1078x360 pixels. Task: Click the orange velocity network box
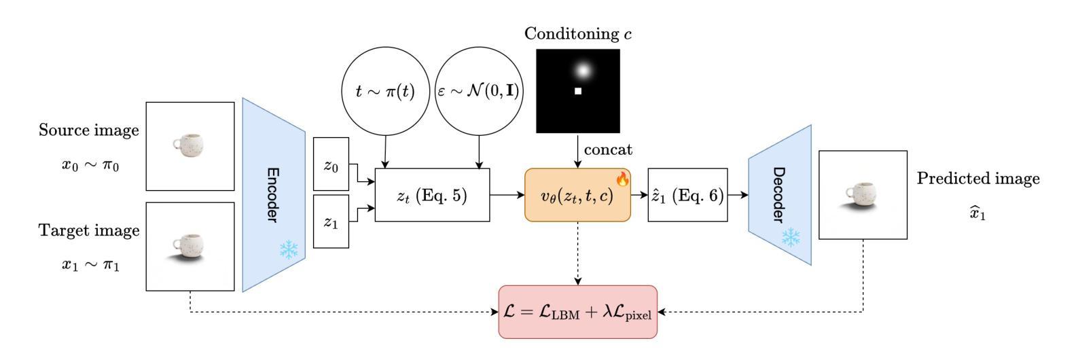click(x=577, y=195)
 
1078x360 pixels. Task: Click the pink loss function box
click(x=577, y=312)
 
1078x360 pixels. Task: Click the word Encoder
click(x=273, y=195)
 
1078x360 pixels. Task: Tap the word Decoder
click(x=778, y=195)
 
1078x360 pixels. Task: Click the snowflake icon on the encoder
click(x=289, y=250)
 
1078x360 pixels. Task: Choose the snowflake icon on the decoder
click(x=791, y=238)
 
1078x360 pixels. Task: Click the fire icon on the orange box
click(x=623, y=179)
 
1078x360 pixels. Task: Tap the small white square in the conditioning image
click(x=578, y=91)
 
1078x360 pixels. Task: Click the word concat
click(x=609, y=150)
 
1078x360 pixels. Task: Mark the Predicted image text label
click(x=978, y=179)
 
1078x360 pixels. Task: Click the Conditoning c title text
click(x=578, y=34)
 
